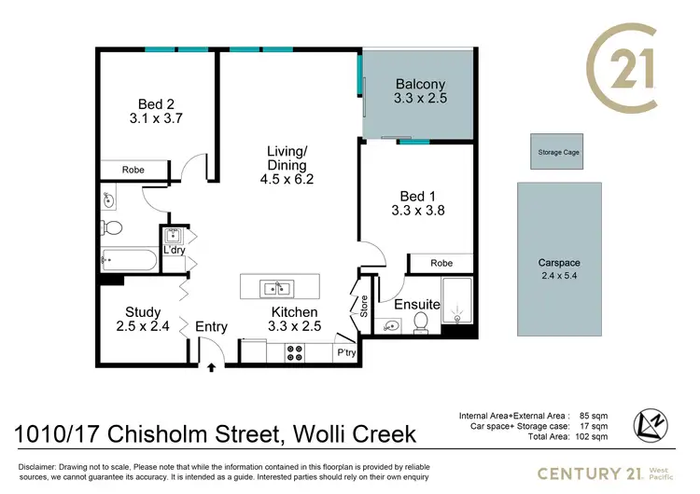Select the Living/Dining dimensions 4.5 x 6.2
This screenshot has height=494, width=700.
coord(287,181)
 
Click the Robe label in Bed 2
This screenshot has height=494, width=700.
coord(133,170)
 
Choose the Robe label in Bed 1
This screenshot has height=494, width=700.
coord(441,264)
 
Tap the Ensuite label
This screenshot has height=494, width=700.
coord(416,304)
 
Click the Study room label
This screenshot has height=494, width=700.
coord(143,312)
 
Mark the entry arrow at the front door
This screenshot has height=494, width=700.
coord(212,367)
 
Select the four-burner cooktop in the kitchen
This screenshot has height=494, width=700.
coord(295,352)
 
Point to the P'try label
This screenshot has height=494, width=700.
coord(345,353)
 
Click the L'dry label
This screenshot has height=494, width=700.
coord(175,252)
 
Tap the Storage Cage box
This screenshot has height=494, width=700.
coord(559,152)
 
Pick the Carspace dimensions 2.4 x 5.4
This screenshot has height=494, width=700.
coord(559,276)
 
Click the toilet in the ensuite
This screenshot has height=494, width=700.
coord(421,323)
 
